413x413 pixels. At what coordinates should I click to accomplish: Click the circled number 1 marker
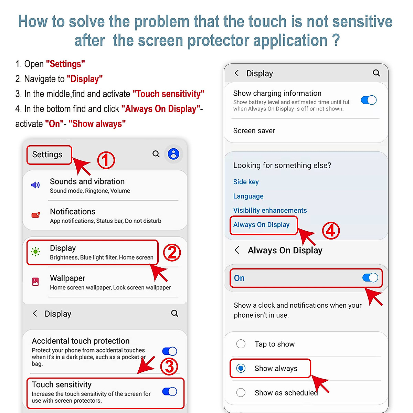(106, 160)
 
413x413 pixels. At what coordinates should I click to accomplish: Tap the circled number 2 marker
(172, 252)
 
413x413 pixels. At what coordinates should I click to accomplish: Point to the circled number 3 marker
(169, 366)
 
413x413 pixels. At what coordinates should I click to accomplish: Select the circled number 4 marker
(331, 231)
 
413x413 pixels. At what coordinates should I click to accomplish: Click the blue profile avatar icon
(173, 154)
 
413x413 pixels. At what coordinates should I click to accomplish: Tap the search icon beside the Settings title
(156, 154)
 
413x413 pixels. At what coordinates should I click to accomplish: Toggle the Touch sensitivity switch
(170, 392)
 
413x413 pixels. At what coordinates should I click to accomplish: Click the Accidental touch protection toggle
(170, 351)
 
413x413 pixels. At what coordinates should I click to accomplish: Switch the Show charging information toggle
(369, 100)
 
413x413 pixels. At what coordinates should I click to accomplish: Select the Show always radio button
(241, 368)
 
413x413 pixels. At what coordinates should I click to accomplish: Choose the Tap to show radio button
(241, 344)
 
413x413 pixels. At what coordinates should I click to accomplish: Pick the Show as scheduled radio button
(241, 392)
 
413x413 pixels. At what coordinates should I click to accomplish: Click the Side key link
(246, 182)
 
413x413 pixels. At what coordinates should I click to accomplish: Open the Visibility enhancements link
(270, 210)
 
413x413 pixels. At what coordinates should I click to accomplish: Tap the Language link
(248, 196)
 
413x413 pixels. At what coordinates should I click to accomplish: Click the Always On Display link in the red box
(261, 225)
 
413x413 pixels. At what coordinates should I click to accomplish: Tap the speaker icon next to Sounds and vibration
(35, 185)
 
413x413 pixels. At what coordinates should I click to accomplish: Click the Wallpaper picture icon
(35, 282)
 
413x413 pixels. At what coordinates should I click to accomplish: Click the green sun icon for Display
(35, 252)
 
